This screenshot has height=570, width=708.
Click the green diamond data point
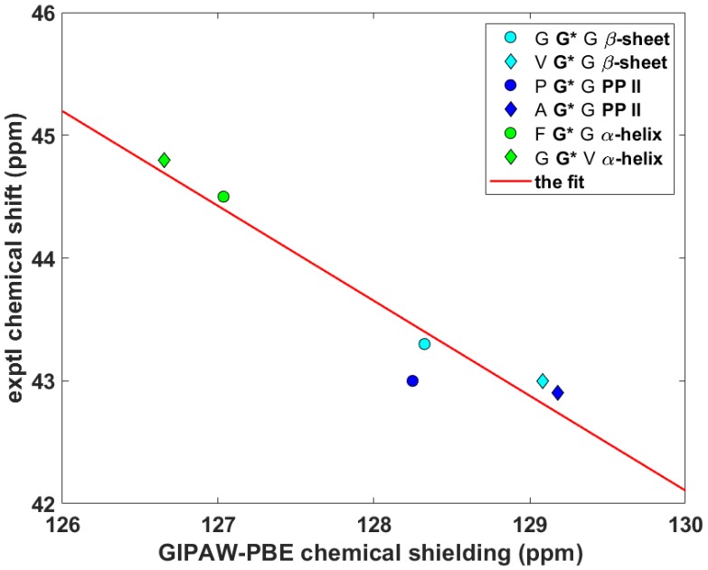click(164, 160)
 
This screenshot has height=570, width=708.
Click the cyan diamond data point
click(543, 380)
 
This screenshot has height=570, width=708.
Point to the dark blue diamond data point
click(558, 392)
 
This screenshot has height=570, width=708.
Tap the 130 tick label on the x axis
click(684, 523)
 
